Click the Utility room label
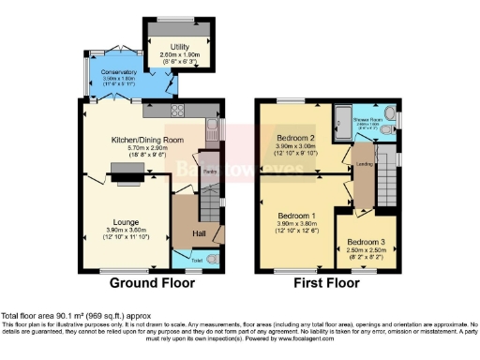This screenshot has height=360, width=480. (x=179, y=46)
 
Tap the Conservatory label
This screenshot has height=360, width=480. (x=120, y=71)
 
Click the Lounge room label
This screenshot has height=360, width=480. (x=119, y=222)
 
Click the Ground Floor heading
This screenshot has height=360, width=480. (x=152, y=282)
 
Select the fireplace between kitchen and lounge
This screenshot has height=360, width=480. (x=124, y=170)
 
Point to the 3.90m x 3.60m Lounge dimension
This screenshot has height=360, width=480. (x=119, y=230)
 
